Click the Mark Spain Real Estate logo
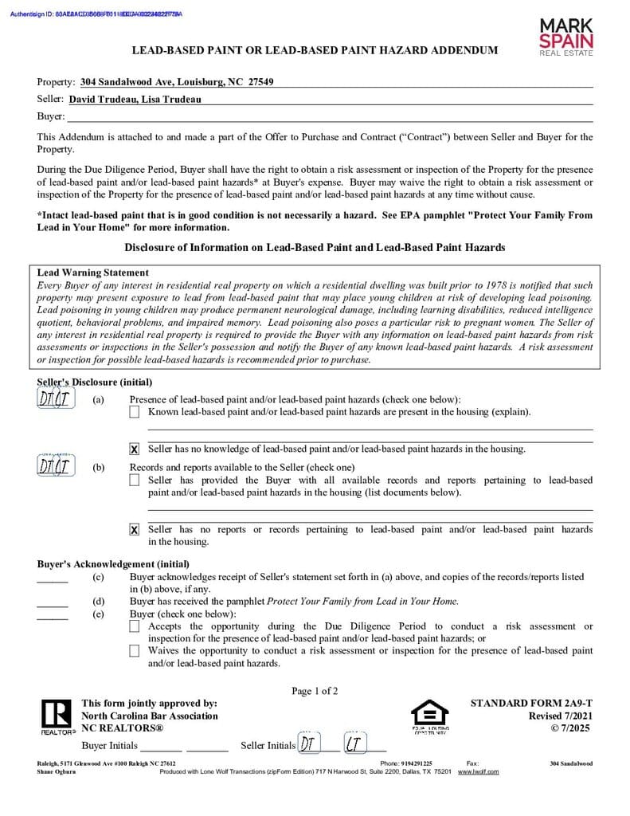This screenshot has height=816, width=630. click(x=566, y=37)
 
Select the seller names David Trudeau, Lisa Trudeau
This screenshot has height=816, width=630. click(x=135, y=100)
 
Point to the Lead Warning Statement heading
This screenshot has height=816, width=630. click(x=93, y=273)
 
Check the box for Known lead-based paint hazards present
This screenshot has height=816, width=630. click(x=135, y=412)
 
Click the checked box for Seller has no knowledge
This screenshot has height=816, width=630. click(x=135, y=449)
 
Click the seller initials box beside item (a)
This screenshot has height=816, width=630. click(x=56, y=399)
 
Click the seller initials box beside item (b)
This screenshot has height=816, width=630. click(x=56, y=467)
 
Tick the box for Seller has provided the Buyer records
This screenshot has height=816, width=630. click(x=135, y=481)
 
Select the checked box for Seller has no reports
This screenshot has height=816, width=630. click(x=135, y=530)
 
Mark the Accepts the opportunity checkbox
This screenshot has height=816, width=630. click(x=135, y=627)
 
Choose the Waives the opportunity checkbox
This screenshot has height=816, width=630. click(x=135, y=651)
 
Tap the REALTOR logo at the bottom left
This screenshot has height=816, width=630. click(x=57, y=716)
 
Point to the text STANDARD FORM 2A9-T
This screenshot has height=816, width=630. click(x=531, y=704)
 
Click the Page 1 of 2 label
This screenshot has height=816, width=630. click(x=315, y=691)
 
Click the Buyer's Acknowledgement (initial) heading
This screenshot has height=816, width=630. click(x=113, y=564)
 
